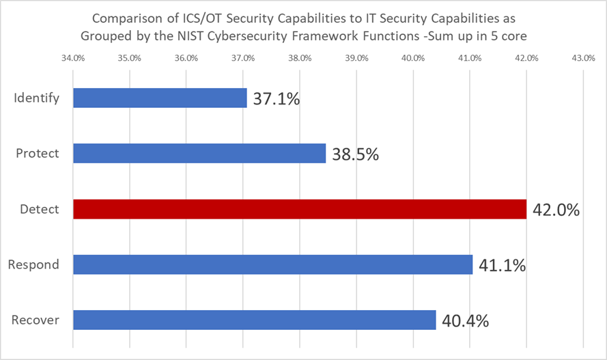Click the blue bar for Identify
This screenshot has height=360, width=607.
point(159,98)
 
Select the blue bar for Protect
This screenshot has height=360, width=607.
point(199,154)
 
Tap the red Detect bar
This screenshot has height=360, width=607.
point(299,209)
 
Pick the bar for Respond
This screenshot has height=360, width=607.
point(272,264)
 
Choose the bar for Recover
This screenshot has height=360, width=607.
point(254,320)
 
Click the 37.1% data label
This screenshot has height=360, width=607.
point(276,99)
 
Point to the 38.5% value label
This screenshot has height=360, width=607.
point(355,154)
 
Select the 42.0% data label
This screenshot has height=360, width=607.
point(556,210)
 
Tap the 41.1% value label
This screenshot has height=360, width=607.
point(502,265)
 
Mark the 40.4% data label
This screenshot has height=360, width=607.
point(465,320)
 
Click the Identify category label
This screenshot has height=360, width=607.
point(37,98)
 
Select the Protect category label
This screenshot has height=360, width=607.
point(38,154)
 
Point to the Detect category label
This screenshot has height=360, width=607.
point(39,209)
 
